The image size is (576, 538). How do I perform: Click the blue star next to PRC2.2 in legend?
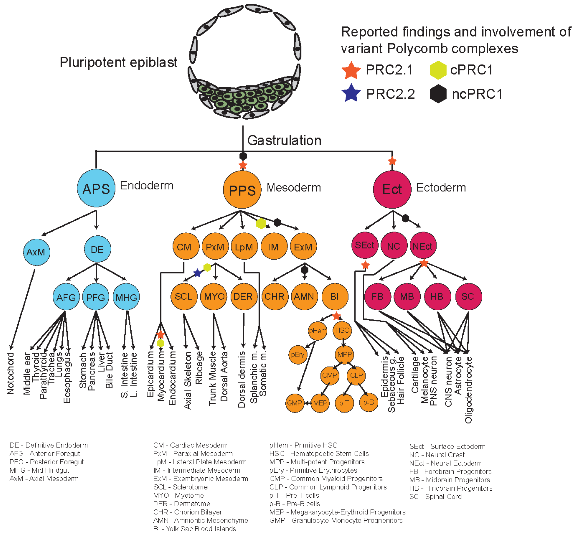point(351,93)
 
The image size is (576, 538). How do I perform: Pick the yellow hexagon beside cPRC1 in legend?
point(438,70)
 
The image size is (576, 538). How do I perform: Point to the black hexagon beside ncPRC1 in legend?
point(438,94)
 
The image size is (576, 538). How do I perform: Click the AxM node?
point(36,252)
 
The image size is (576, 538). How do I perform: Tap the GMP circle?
point(294,403)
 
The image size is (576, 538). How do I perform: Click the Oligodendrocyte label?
point(468,390)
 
